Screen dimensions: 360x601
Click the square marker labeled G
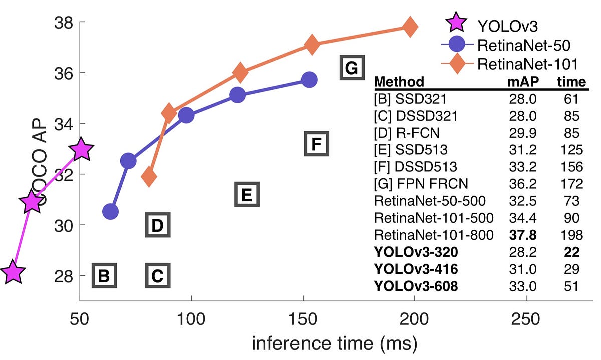pos(352,68)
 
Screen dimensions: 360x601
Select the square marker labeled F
pos(316,144)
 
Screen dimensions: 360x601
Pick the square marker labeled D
pos(158,225)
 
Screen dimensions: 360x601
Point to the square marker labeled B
pos(104,276)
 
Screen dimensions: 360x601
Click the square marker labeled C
pos(158,276)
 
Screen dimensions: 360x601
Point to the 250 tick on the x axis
pos(527,319)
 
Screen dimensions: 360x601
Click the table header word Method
pos(399,81)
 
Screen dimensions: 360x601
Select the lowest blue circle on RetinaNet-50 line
pos(110,212)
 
